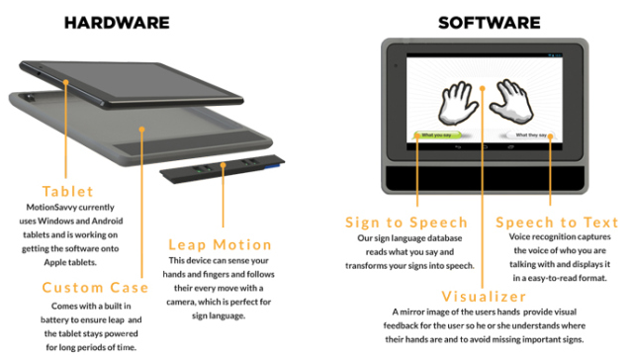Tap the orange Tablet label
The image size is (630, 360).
(67, 191)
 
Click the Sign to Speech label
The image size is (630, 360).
(405, 222)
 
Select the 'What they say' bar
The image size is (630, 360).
(532, 134)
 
